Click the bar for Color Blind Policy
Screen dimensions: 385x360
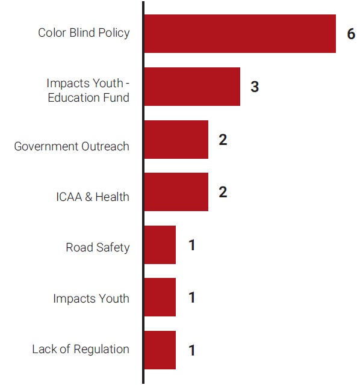tap(240, 34)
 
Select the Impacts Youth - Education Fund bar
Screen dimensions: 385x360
tap(192, 87)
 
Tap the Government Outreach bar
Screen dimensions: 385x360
tap(176, 140)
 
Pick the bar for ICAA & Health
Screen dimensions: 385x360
tap(176, 192)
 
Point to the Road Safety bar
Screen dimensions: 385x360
tap(160, 245)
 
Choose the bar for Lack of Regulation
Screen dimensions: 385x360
tap(160, 350)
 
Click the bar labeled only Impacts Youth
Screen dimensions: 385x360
tap(160, 297)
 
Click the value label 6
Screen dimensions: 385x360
tap(351, 34)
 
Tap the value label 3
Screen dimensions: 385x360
tap(255, 87)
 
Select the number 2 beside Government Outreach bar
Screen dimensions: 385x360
tap(223, 140)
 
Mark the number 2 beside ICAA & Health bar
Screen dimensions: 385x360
tap(223, 192)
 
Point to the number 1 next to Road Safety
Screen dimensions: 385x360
tap(191, 245)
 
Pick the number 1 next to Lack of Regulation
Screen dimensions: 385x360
tap(191, 351)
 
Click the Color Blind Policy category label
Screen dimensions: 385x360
tap(84, 33)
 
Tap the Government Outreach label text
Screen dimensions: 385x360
tap(72, 146)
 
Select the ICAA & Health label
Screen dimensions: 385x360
tap(92, 197)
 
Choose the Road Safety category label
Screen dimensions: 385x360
tap(98, 247)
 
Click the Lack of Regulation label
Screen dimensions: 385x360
tap(81, 349)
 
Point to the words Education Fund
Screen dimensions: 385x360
tap(88, 97)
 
